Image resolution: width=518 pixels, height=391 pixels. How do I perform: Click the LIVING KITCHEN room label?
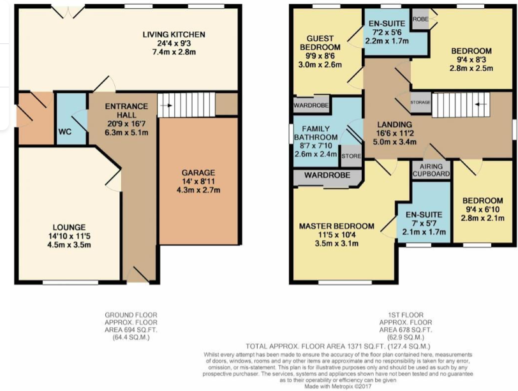(169, 34)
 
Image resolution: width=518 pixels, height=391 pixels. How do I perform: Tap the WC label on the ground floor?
(64, 133)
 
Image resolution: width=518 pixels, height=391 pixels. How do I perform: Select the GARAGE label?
(198, 172)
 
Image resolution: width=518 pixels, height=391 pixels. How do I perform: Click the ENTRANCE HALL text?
(127, 111)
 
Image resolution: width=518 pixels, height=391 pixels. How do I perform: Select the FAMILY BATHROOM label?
(320, 133)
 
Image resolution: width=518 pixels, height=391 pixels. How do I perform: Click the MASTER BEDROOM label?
(336, 226)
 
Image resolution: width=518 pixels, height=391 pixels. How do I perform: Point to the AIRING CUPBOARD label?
(431, 169)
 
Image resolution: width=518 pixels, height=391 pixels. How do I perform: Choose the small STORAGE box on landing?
(421, 102)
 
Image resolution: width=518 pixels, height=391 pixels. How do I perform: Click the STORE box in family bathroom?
(351, 155)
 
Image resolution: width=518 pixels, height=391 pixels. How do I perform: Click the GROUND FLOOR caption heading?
(131, 315)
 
